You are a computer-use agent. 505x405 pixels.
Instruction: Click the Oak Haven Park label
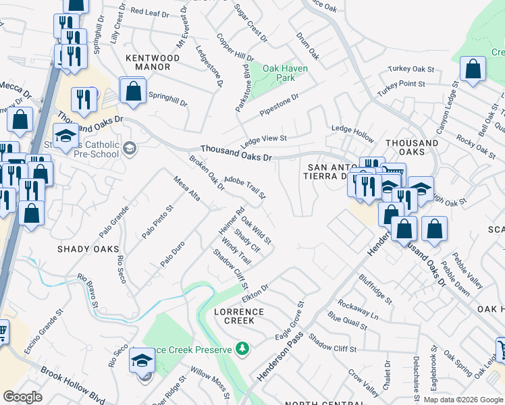[285, 73]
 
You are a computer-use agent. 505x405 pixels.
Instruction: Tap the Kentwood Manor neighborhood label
[153, 63]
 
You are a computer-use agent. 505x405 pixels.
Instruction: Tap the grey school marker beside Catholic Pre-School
[130, 148]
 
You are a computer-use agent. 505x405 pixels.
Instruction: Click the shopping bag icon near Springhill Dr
[133, 91]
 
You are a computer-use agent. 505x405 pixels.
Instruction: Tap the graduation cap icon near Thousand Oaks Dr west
[65, 138]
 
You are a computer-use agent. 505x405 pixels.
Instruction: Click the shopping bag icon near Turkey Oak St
[473, 69]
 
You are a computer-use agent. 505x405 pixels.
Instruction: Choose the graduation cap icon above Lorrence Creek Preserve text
[142, 361]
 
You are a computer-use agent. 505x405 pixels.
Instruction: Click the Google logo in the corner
[23, 396]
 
